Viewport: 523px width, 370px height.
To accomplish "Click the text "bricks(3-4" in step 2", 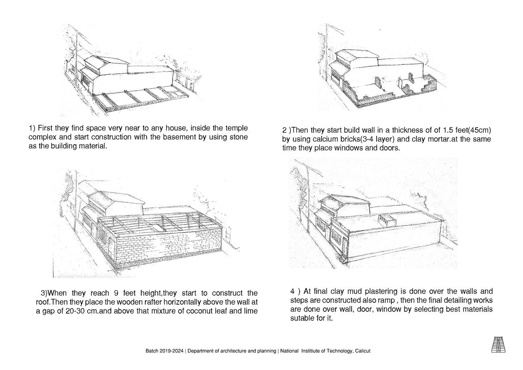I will click(x=342, y=139).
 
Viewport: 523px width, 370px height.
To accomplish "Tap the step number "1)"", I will click(x=32, y=128).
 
